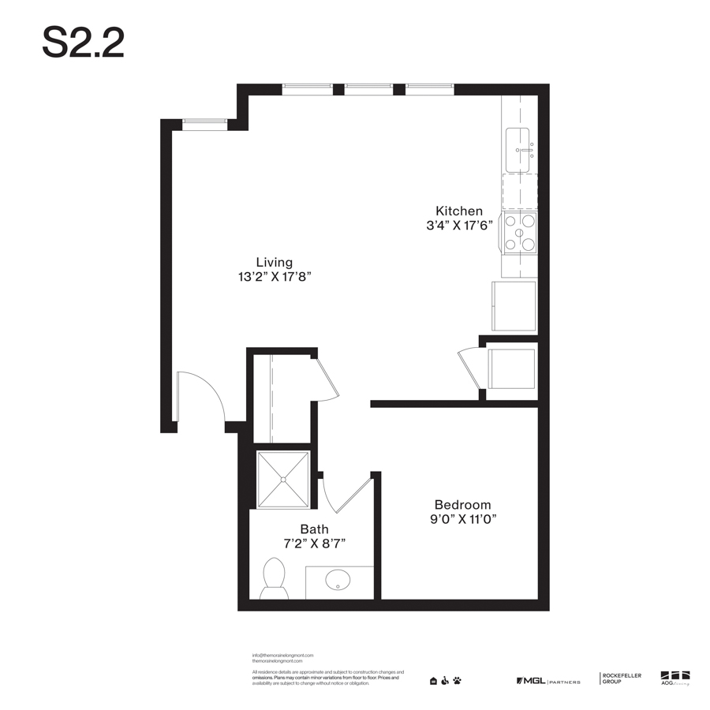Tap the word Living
tap(274, 263)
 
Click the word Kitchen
tap(459, 211)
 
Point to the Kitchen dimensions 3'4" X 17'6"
tap(459, 225)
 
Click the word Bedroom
tap(462, 505)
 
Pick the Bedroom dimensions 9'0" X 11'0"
tap(462, 519)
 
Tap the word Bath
tap(314, 529)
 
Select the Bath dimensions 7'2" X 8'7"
tap(314, 544)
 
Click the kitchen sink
tap(519, 149)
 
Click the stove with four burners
tap(520, 233)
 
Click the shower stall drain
tap(283, 479)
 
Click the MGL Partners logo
tap(547, 681)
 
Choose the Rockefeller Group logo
tap(622, 678)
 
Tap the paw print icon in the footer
tap(457, 681)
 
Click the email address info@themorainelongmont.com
tap(282, 656)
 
